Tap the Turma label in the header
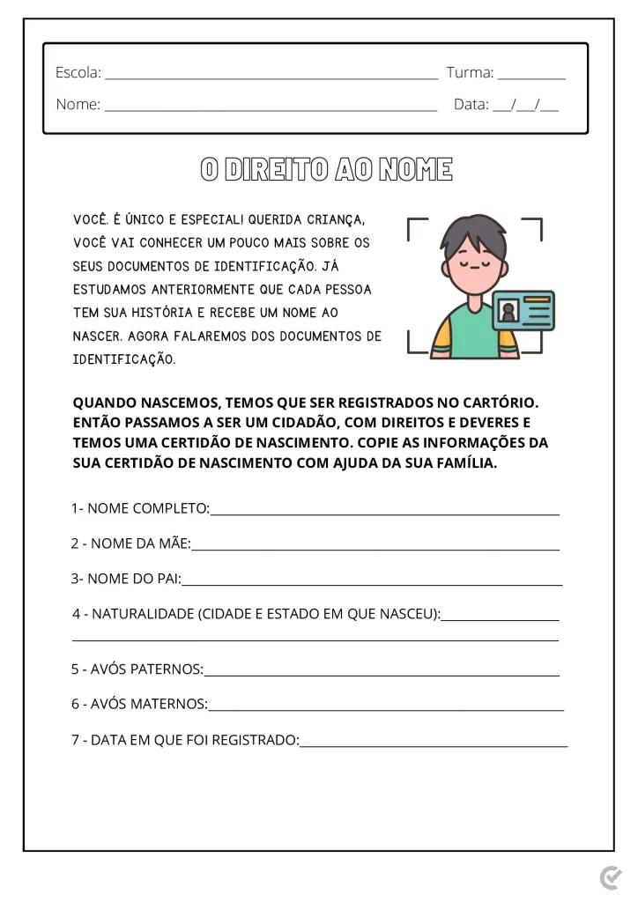click(x=470, y=72)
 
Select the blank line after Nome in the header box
click(x=271, y=110)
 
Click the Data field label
click(x=471, y=104)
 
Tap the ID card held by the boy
click(x=523, y=310)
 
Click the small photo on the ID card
click(x=508, y=311)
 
